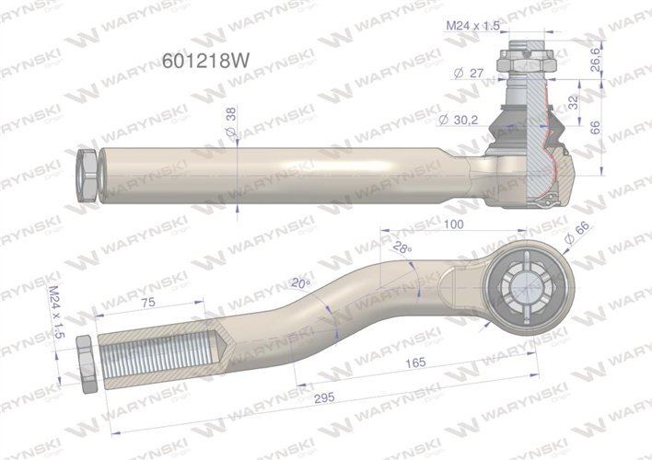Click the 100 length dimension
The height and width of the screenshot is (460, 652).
(452, 223)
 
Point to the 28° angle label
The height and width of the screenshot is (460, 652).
(400, 247)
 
